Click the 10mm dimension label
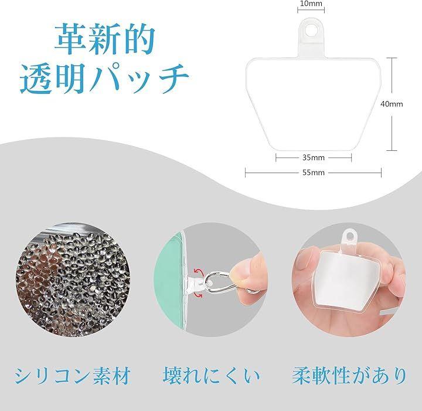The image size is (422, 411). pos(311,4)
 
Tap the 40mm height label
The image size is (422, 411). pos(392,104)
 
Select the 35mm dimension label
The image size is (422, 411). pos(314,157)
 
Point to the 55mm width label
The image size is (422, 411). pos(314,173)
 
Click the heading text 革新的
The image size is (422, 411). pos(105,39)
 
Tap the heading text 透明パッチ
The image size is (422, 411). pos(105,79)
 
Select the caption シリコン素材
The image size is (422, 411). pos(73,375)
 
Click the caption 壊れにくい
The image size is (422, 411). pos(211,375)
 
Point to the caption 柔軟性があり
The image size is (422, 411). pos(349,375)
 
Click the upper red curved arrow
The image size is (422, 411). pos(198,271)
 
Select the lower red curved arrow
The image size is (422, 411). pos(198,295)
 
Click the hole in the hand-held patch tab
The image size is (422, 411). pos(349,236)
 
